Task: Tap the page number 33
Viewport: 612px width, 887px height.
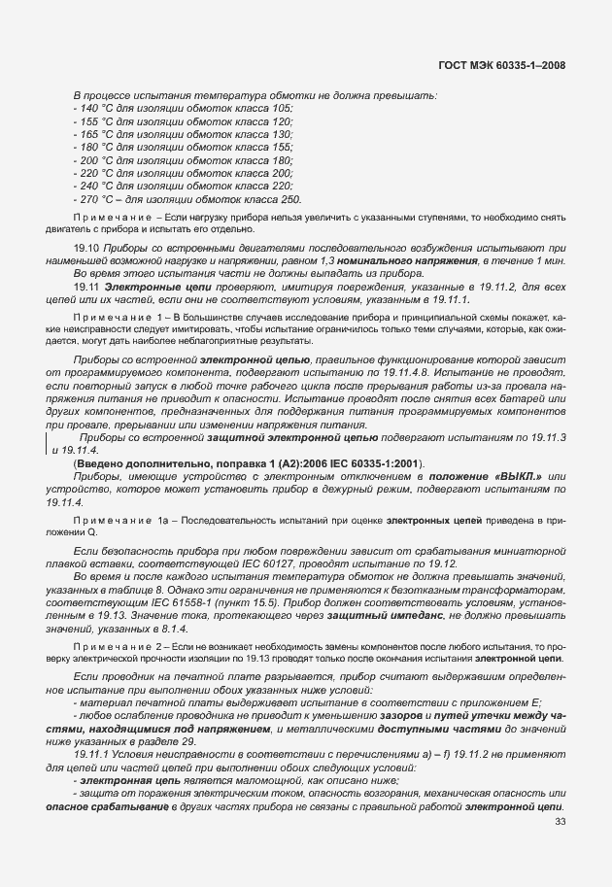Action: coord(560,823)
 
